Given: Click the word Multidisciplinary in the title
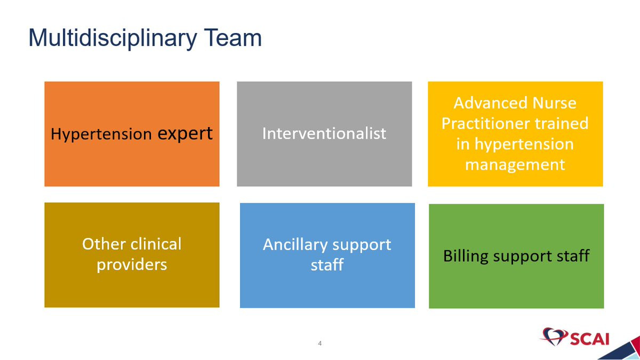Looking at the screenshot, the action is (113, 38).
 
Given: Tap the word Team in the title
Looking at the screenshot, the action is (233, 37).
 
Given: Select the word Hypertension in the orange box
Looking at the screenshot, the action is (101, 134).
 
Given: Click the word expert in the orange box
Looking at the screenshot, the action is (185, 134).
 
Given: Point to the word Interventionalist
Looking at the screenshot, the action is (324, 133).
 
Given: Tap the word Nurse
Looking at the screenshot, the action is (554, 103).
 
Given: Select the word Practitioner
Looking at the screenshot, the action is (485, 123).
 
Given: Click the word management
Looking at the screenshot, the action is (515, 165).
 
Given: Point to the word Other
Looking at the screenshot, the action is (104, 244).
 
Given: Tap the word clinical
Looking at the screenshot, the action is (157, 244).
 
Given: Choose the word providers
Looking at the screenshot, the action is (132, 265).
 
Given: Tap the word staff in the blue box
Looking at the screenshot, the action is (327, 265).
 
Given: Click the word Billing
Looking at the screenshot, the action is (466, 256).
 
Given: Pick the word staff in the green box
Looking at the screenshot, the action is (573, 255).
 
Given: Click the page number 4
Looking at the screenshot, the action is (319, 343).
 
